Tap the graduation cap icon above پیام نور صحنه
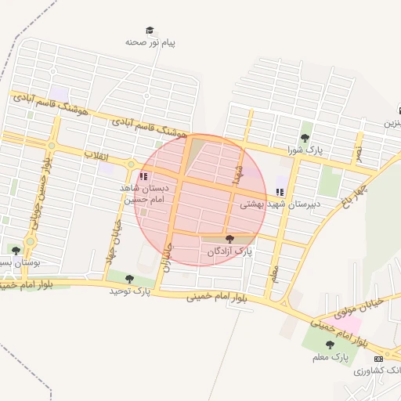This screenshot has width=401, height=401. [150, 31]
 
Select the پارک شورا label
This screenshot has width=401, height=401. [305, 149]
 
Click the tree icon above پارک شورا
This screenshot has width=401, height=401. [305, 138]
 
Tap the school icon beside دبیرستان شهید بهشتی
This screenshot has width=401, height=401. [280, 192]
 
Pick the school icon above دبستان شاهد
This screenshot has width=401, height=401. [143, 177]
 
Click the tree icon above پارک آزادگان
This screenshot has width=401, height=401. [229, 240]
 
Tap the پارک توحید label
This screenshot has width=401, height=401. [130, 291]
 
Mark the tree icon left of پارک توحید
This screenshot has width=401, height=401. [129, 279]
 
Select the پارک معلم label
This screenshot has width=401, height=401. [330, 357]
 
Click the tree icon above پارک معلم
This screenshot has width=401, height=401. [330, 345]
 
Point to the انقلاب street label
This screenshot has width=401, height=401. [96, 156]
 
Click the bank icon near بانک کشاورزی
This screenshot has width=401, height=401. [379, 358]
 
